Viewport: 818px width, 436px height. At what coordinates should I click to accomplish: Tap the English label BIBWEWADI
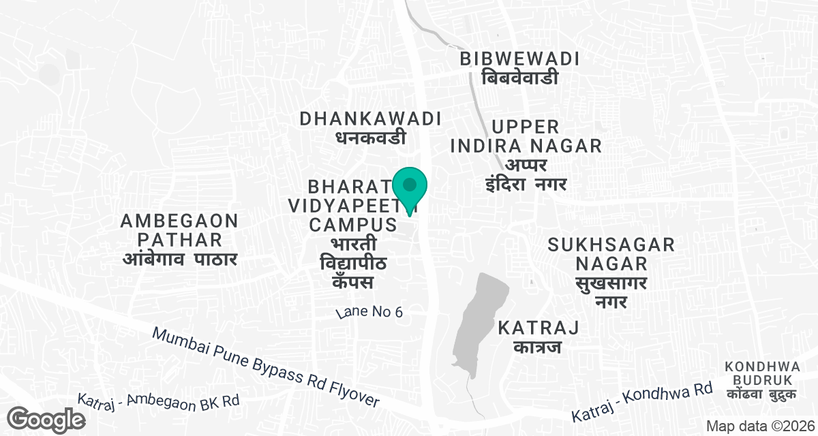coord(519,59)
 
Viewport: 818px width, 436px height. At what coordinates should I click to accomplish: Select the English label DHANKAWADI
coord(371,119)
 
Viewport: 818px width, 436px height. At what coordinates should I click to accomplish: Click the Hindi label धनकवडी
coord(371,138)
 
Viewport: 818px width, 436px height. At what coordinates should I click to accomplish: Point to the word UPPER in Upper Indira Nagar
coord(525,127)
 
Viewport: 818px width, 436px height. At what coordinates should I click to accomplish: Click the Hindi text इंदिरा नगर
coord(526,184)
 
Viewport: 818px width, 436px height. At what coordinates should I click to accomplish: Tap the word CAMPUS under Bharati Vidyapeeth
coord(353,224)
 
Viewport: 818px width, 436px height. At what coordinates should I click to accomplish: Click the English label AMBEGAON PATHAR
coord(179,230)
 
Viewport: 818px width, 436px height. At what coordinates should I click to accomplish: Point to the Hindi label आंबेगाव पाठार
coord(179,259)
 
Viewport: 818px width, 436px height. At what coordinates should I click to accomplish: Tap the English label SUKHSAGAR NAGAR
coord(611,253)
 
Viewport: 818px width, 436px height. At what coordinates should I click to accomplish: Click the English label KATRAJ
coord(539,328)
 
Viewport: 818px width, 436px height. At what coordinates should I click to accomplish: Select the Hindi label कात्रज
coord(539,348)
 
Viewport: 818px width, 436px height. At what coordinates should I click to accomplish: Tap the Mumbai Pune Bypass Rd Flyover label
coord(265,368)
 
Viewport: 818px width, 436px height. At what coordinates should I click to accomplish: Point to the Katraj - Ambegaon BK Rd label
coord(158,401)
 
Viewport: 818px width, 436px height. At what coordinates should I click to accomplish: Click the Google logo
coord(47,418)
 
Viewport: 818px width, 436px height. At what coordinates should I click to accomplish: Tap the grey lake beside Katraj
coord(483,320)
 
